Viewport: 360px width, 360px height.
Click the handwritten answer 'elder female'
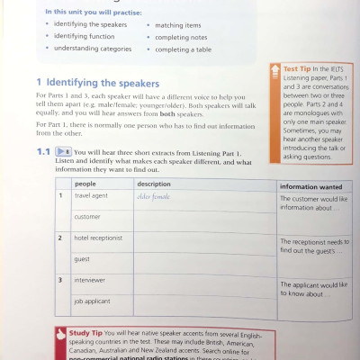(x=153, y=194)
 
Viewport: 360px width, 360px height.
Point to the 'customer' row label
(x=87, y=216)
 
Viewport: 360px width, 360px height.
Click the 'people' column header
(x=85, y=183)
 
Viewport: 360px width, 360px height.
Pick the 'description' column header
(x=154, y=183)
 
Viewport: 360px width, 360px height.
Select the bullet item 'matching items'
(x=179, y=25)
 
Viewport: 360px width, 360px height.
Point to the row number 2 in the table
(x=59, y=238)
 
